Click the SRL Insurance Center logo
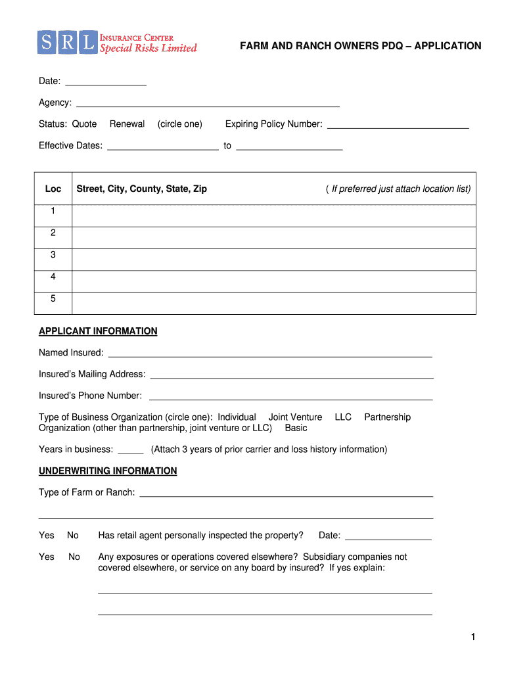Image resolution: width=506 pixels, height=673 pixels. [x=117, y=42]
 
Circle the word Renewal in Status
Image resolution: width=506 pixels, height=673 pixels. [x=127, y=124]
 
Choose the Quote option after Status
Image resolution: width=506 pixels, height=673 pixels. [x=84, y=124]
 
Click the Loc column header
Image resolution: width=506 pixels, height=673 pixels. [x=53, y=189]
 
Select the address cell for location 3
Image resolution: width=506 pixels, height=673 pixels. [x=273, y=260]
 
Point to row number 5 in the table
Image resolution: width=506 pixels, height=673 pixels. [x=53, y=299]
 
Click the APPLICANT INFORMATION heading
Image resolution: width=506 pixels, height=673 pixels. [x=98, y=331]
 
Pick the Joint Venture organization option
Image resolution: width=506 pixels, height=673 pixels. [x=295, y=417]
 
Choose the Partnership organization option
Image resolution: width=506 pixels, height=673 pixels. [x=387, y=417]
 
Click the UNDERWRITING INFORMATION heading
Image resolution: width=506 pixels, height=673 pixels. [x=108, y=471]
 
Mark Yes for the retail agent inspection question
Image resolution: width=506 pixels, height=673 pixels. [x=47, y=536]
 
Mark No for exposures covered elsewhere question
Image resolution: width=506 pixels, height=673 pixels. [x=74, y=557]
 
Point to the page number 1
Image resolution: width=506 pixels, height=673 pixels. [x=472, y=638]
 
